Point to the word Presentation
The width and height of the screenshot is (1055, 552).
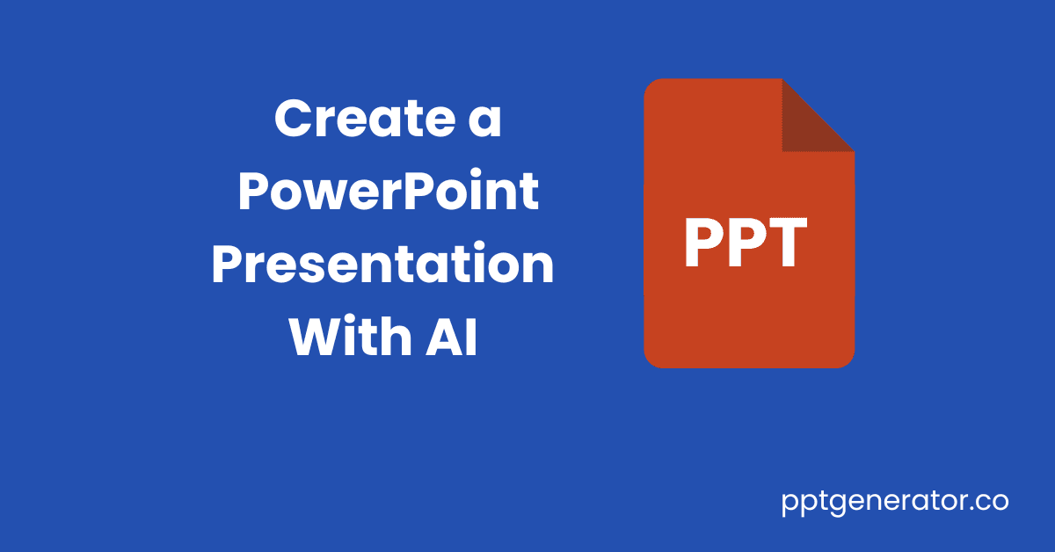pos(382,265)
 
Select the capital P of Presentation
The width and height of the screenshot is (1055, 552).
pos(226,265)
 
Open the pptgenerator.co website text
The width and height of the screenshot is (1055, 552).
pos(895,503)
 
